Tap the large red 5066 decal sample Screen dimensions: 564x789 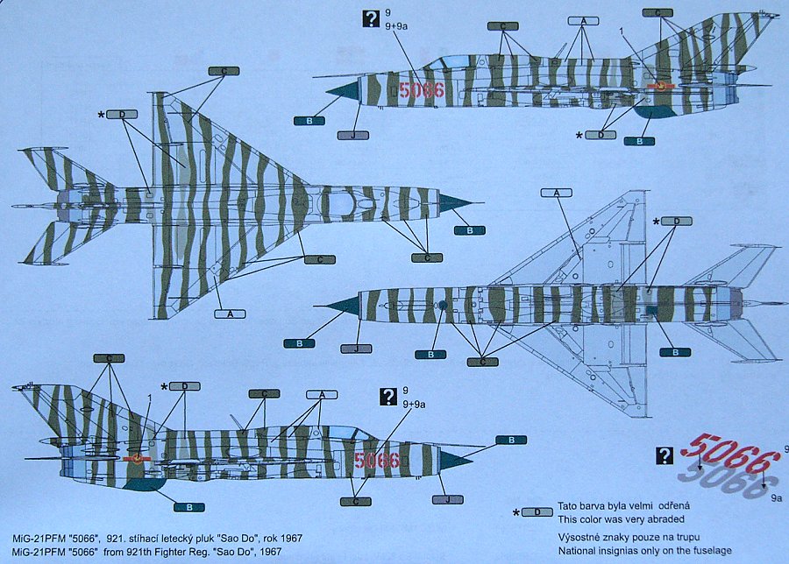click(729, 455)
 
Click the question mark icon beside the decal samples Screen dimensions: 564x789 click(666, 455)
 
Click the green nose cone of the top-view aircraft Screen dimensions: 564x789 click(454, 203)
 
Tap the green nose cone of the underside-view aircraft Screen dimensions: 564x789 click(342, 307)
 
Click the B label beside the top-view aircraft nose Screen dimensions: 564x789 click(471, 230)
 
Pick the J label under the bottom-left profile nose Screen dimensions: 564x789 click(447, 499)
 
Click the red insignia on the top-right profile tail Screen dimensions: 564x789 click(663, 85)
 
